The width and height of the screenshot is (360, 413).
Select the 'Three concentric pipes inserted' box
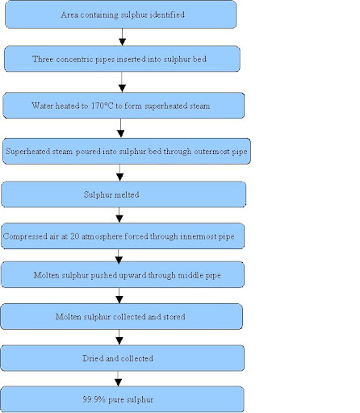(x=122, y=59)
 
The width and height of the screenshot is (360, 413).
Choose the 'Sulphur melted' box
(x=123, y=194)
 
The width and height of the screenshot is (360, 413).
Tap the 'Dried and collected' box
(x=121, y=358)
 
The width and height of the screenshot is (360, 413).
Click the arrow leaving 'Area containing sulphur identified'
(x=122, y=36)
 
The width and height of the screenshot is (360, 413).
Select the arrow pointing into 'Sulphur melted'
(x=121, y=173)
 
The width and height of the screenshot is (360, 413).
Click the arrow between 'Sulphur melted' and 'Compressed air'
(x=120, y=215)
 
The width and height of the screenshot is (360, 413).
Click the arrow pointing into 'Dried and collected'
(x=120, y=337)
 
